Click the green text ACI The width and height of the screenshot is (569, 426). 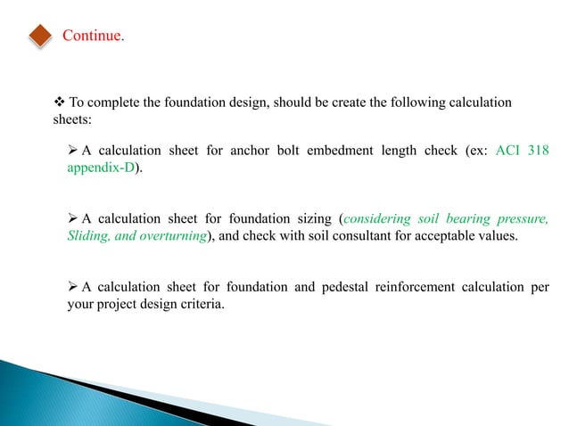(x=507, y=151)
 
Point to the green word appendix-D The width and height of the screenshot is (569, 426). (x=102, y=167)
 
